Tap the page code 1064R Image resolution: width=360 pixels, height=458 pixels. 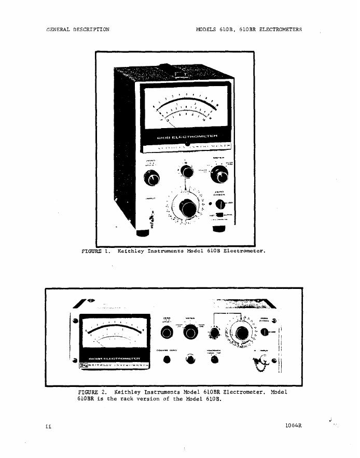293,426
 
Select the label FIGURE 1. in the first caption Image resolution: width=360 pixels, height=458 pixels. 97,251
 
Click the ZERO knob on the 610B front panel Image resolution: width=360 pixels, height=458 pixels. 152,179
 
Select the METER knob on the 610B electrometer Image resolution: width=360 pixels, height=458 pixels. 217,177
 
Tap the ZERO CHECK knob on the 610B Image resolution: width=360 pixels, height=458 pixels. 220,204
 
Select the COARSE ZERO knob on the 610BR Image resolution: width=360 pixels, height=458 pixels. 168,359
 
